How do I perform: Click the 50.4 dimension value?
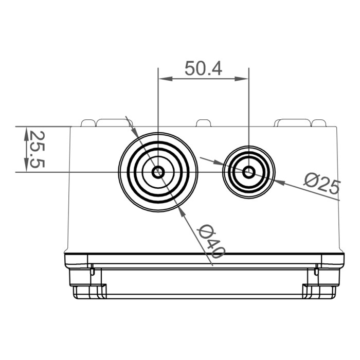pos(203,68)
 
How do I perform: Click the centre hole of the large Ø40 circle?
pos(158,172)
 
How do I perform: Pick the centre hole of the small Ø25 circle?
pos(248,172)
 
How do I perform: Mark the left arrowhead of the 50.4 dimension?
pos(164,79)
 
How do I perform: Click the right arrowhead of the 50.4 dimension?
pos(243,79)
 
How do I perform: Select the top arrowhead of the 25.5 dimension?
pos(26,132)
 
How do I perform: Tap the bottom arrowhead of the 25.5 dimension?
pos(26,166)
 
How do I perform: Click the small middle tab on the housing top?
pos(203,123)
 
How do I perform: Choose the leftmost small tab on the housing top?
pos(88,123)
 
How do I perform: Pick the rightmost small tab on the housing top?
pos(319,123)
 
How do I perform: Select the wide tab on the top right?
pos(292,122)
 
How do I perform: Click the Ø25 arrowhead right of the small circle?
pos(280,181)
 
